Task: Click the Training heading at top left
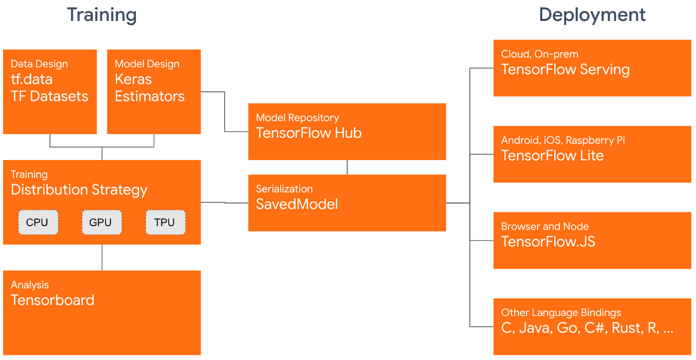[x=102, y=15]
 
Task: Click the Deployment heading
[x=592, y=15]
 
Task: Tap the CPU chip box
[x=38, y=222]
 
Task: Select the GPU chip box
[x=101, y=222]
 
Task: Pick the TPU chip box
[x=165, y=222]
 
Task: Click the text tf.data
[x=32, y=79]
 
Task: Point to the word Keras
[x=133, y=79]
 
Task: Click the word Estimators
[x=150, y=96]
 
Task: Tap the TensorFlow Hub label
[x=308, y=133]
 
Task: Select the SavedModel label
[x=297, y=204]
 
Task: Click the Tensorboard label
[x=53, y=300]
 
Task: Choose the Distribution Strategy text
[x=79, y=190]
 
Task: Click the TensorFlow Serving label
[x=565, y=70]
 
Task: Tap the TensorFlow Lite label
[x=552, y=156]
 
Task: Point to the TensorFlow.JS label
[x=548, y=242]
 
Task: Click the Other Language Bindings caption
[x=561, y=313]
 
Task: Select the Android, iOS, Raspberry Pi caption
[x=562, y=140]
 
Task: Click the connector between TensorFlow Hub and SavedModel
[x=347, y=167]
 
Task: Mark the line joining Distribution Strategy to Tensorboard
[x=102, y=257]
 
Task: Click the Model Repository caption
[x=297, y=117]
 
